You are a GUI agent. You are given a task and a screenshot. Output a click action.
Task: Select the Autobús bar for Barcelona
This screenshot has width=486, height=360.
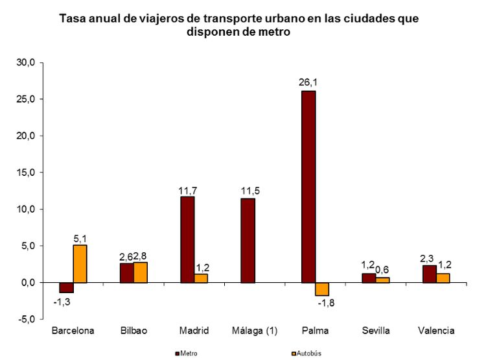tap(80, 263)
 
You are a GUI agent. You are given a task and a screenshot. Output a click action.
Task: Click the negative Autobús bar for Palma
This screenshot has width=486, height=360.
tap(322, 289)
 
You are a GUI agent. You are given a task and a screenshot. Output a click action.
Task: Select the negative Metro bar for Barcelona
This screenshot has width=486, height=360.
tap(66, 287)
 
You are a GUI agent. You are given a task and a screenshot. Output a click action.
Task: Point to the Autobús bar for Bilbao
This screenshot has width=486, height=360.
tap(140, 272)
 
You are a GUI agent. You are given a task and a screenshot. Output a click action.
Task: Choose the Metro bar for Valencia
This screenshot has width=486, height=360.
tap(430, 274)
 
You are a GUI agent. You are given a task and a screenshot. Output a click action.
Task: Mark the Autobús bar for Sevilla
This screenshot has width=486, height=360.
tap(383, 280)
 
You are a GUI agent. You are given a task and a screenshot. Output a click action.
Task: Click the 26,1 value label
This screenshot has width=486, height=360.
tap(308, 82)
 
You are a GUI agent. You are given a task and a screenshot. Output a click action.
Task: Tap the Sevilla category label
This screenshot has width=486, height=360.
tap(376, 331)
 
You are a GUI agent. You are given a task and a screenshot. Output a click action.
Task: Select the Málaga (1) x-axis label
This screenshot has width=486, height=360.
tap(255, 331)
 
